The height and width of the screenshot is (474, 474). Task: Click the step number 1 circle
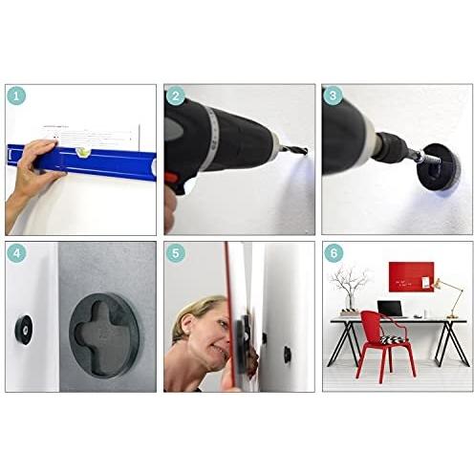[18, 96]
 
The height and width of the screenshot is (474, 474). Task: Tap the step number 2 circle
[176, 96]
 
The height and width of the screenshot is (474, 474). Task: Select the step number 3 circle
[333, 96]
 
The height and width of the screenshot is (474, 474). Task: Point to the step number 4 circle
[18, 253]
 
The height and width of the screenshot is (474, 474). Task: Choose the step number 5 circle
[176, 253]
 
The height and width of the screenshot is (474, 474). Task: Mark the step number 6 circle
[333, 253]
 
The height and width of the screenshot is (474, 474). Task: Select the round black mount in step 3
[441, 162]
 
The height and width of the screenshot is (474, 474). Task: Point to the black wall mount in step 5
[287, 355]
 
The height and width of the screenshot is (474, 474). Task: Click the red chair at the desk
[382, 344]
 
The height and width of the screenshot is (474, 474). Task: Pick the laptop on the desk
[389, 310]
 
